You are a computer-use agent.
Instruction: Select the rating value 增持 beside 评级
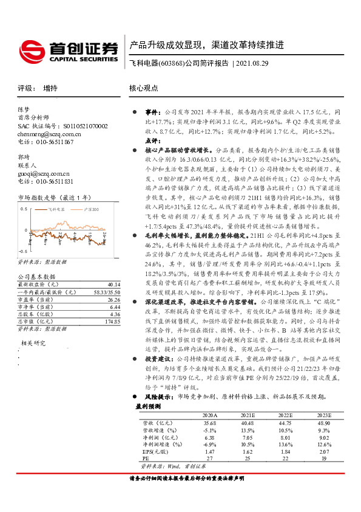[x=50, y=88]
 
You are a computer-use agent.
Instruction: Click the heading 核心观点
[x=143, y=88]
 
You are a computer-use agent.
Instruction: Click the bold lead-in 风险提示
[x=158, y=397]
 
